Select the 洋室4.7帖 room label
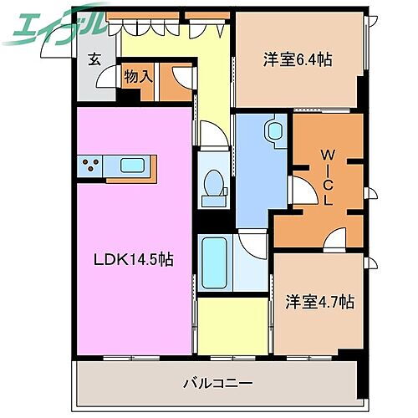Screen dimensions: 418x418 [x=319, y=302]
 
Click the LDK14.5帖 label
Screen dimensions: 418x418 [x=133, y=260]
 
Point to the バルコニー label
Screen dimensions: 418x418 [x=217, y=384]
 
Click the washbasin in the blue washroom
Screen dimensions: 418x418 [x=273, y=132]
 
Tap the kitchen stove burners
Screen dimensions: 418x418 [x=91, y=165]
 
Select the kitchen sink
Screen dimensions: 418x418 [x=133, y=165]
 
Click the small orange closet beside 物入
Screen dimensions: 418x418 [x=176, y=83]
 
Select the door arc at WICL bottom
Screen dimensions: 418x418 [x=336, y=238]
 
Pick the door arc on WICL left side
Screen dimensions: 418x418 [x=299, y=191]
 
